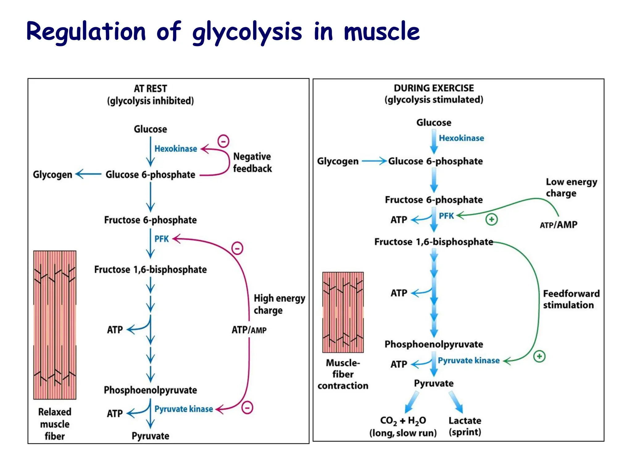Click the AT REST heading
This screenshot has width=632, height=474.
(150, 89)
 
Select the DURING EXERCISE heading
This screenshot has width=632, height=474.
(434, 88)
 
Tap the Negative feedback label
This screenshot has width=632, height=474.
(252, 162)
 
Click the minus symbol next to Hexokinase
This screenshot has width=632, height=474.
(223, 141)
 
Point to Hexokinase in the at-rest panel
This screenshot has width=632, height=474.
(176, 149)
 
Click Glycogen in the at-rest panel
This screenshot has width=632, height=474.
(52, 175)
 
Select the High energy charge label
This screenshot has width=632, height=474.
(279, 304)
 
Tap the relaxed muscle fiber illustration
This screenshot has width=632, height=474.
(55, 325)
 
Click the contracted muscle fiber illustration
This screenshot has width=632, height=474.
(343, 312)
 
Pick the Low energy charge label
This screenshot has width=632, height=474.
(571, 187)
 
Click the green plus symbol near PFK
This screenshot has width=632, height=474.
(492, 219)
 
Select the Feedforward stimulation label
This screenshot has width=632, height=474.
(571, 299)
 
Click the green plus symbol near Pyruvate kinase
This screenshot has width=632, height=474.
(539, 356)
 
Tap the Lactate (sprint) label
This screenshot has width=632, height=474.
(465, 426)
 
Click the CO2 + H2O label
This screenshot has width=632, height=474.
(403, 421)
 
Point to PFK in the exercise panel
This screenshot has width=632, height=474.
(446, 216)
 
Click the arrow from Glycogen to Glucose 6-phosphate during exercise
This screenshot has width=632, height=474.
(374, 161)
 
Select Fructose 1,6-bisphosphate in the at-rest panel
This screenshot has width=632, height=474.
(150, 269)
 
